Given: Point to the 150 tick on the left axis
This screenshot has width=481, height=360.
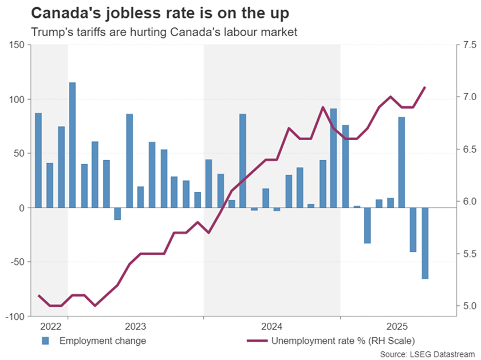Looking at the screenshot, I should pos(17,45).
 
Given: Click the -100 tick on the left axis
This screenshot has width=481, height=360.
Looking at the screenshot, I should pos(15,317).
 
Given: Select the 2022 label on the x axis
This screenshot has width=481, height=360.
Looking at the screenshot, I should pos(50,327).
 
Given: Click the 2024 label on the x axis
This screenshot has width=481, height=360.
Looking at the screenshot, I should pos(273,327).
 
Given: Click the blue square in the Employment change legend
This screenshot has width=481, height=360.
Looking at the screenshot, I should pos(45,342).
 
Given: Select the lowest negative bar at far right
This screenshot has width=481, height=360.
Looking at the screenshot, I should pos(425,243).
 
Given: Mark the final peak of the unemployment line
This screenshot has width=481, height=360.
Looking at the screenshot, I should pos(425,87).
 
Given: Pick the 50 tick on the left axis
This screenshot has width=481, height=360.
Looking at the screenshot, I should pos(19,154).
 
